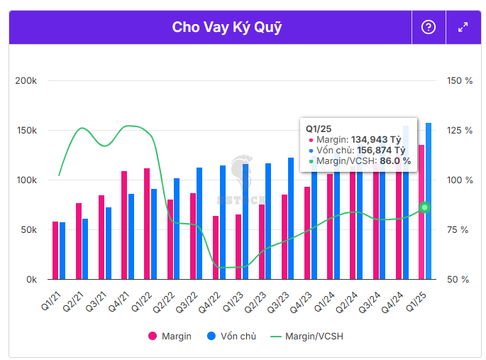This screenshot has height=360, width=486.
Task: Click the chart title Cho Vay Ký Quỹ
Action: [x=226, y=27]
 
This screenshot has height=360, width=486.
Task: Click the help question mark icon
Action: [x=429, y=27]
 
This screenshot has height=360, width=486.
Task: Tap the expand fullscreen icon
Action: [x=463, y=27]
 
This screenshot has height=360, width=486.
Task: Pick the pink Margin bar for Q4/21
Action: [x=124, y=225]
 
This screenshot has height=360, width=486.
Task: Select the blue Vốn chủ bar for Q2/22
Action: [x=177, y=229]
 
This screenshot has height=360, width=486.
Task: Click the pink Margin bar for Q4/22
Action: [x=216, y=247]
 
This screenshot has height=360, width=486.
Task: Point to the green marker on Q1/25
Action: [x=424, y=207]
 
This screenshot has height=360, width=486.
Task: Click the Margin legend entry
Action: [x=170, y=336]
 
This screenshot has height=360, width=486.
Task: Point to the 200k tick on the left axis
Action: [x=26, y=81]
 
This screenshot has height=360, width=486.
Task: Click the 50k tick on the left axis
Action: [x=28, y=230]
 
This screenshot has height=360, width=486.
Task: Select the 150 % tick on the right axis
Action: [x=460, y=81]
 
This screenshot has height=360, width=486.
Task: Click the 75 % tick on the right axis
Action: [x=460, y=230]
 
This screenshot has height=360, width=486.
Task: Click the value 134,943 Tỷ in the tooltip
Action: [x=377, y=140]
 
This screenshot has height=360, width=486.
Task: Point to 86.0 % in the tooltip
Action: [x=394, y=161]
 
